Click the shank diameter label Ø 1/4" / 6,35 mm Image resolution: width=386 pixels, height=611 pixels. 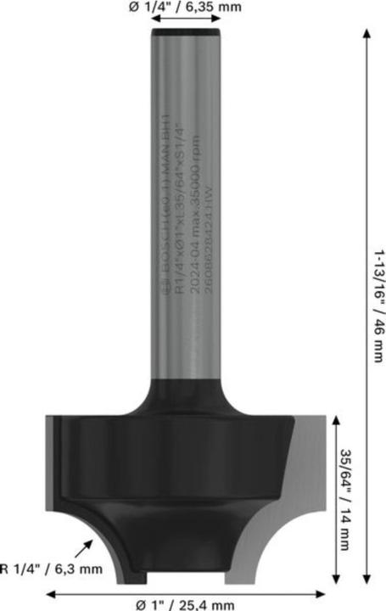click(185, 9)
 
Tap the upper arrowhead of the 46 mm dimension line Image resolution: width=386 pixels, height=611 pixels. click(366, 31)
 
